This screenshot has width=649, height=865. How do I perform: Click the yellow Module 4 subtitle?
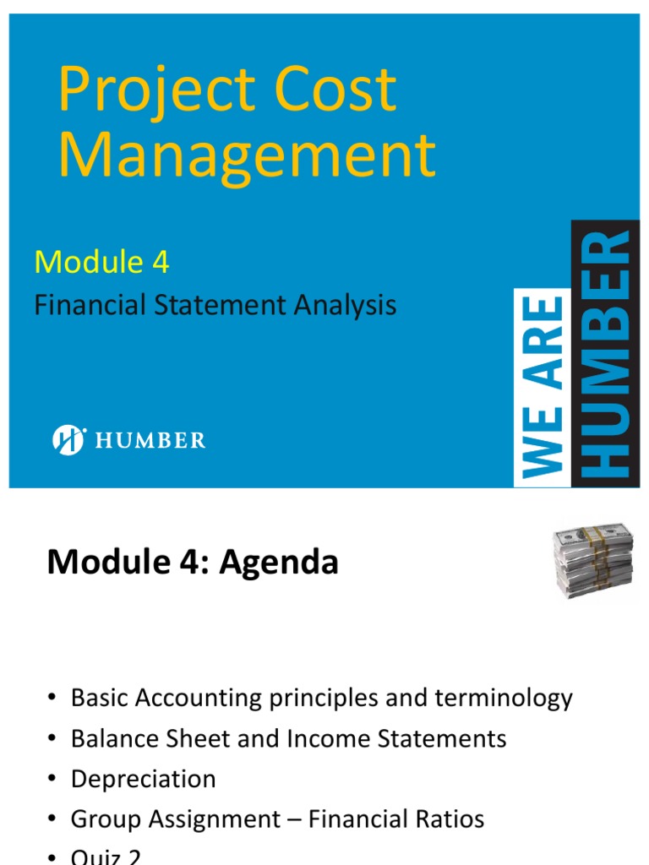(x=101, y=263)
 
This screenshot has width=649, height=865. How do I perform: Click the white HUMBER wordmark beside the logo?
(x=150, y=440)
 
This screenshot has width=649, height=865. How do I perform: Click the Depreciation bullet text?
(x=144, y=779)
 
